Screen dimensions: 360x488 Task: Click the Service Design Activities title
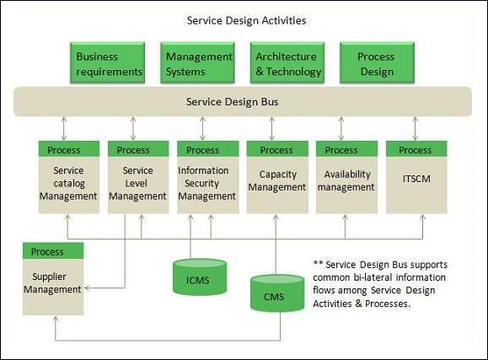click(x=247, y=19)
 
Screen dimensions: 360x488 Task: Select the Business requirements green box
click(x=109, y=64)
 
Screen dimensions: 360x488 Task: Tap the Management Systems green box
click(x=198, y=64)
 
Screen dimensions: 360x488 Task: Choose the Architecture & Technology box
click(x=287, y=64)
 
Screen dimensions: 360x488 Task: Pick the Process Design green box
click(x=376, y=64)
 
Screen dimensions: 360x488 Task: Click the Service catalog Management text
click(x=68, y=183)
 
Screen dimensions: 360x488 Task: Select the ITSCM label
click(x=416, y=178)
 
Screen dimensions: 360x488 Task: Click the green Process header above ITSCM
click(x=416, y=150)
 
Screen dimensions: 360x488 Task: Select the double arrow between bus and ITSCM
click(x=415, y=129)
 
